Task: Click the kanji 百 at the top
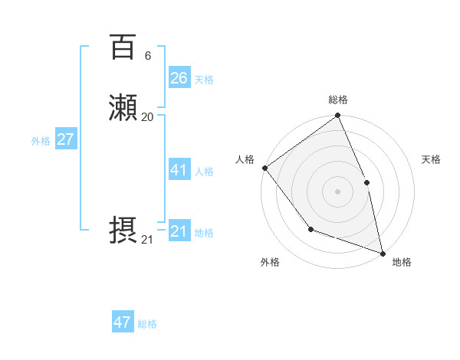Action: pyautogui.click(x=123, y=47)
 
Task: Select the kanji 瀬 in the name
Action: pyautogui.click(x=123, y=109)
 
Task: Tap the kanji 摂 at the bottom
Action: pyautogui.click(x=123, y=231)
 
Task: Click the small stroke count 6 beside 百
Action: pyautogui.click(x=147, y=56)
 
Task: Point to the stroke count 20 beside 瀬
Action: pyautogui.click(x=147, y=117)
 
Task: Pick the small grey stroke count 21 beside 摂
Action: pyautogui.click(x=147, y=240)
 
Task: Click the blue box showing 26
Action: pyautogui.click(x=179, y=77)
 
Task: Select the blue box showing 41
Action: pyautogui.click(x=179, y=170)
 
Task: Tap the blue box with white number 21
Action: pyautogui.click(x=179, y=231)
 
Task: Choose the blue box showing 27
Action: pyautogui.click(x=65, y=139)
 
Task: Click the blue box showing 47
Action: pyautogui.click(x=123, y=322)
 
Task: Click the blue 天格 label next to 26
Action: pyautogui.click(x=204, y=79)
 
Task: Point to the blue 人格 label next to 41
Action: pyautogui.click(x=204, y=172)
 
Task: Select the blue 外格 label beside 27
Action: pyautogui.click(x=41, y=141)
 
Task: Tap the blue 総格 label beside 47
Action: pyautogui.click(x=147, y=324)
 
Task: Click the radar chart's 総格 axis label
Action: pyautogui.click(x=337, y=100)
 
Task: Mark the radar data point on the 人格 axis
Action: pyautogui.click(x=264, y=168)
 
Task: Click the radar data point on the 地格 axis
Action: pyautogui.click(x=383, y=253)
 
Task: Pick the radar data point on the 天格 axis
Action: pyautogui.click(x=366, y=182)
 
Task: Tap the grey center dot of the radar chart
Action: pyautogui.click(x=337, y=191)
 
